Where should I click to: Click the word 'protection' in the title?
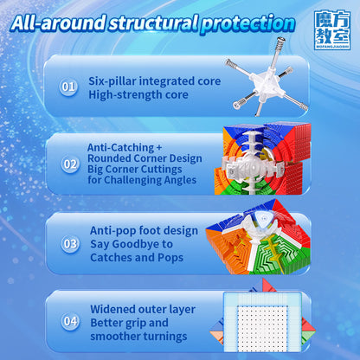pos(247,24)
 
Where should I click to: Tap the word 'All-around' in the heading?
pos(58,22)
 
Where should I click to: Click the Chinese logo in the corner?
pos(332,30)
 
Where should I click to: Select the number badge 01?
pos(68,87)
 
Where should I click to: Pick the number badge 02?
pos(70,164)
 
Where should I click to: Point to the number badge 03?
pos(70,244)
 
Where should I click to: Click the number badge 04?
pos(70,321)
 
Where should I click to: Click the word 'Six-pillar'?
pos(112,81)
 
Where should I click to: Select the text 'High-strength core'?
pos(138,94)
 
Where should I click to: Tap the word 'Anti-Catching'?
pos(120,147)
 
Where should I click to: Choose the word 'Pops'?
pos(170,258)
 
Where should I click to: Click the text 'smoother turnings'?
pos(138,337)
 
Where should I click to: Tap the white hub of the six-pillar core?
pos(266,85)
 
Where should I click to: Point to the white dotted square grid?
pos(262,328)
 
